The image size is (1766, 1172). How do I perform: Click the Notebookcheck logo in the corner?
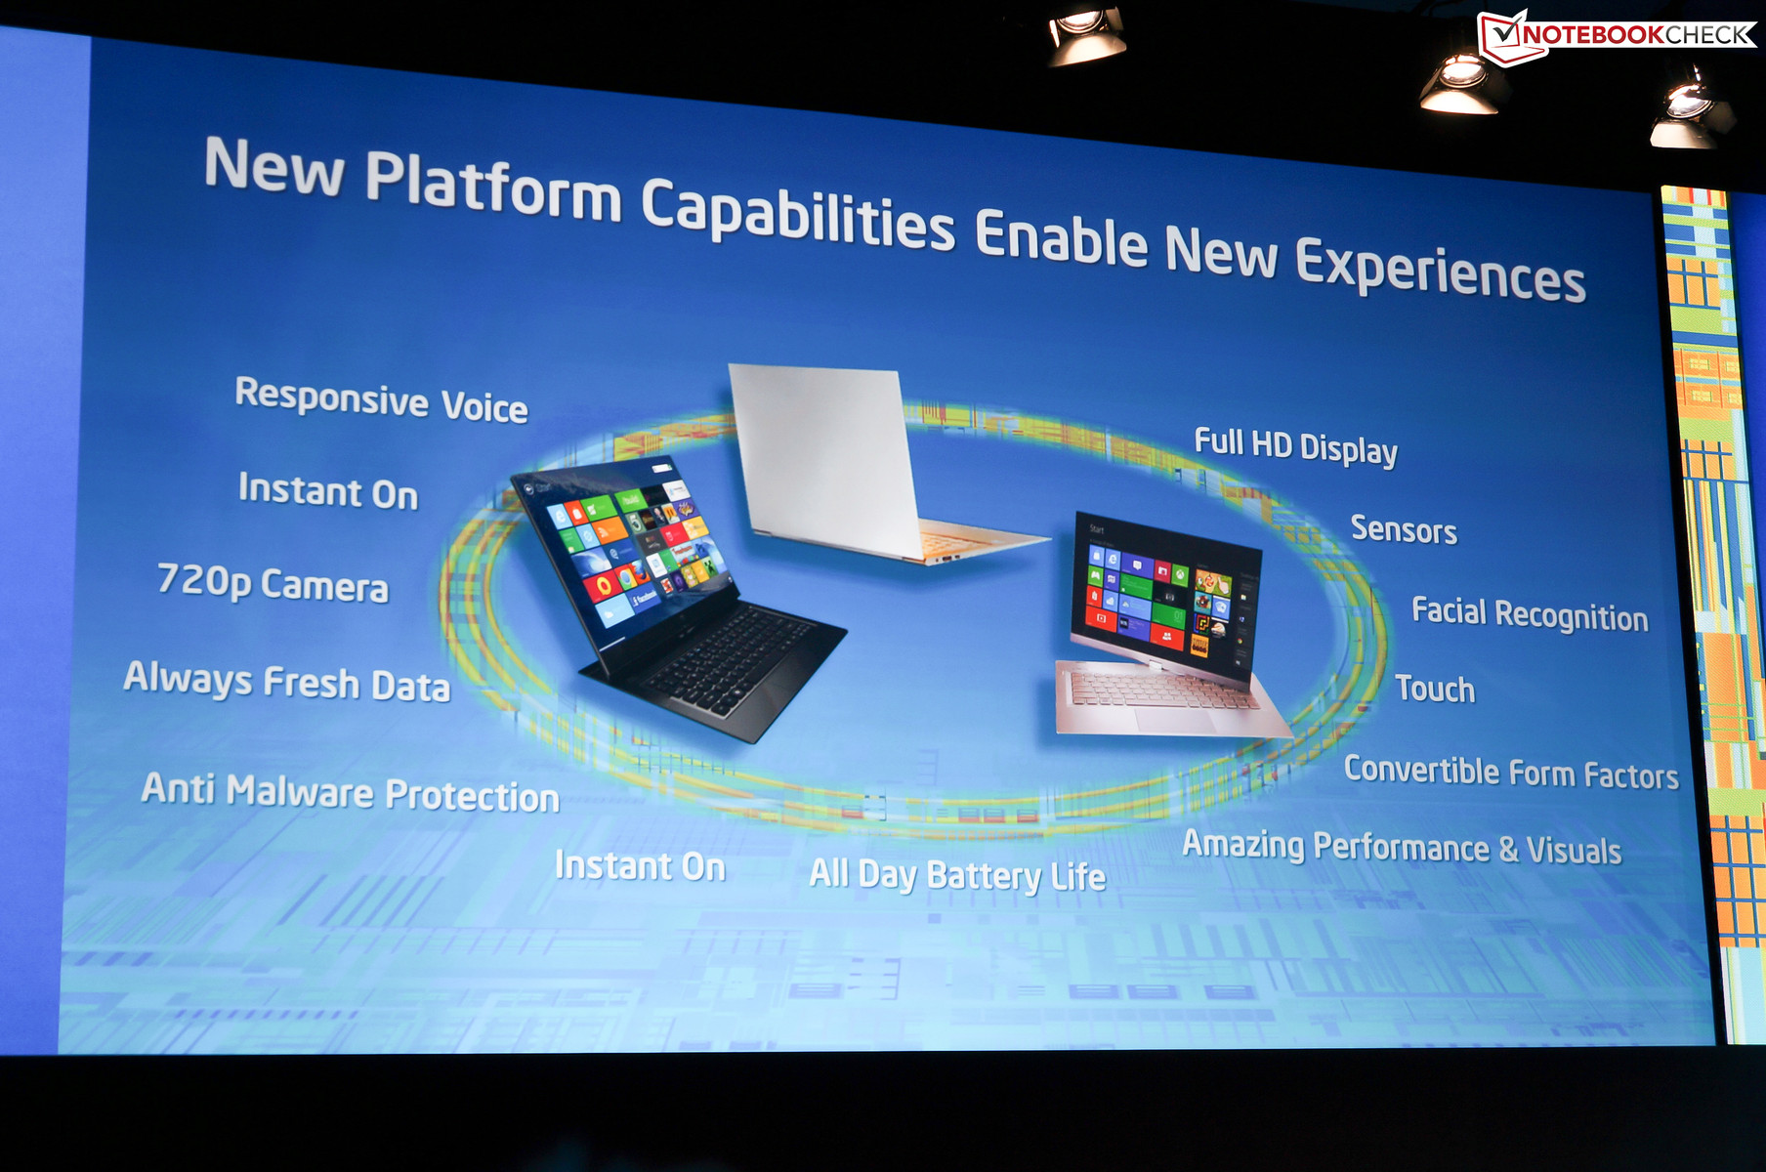point(1618,36)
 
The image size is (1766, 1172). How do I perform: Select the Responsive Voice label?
point(381,400)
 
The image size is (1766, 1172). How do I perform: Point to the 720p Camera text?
point(273,583)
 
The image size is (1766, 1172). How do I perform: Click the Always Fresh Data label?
point(287,682)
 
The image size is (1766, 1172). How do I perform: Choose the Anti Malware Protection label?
point(351,792)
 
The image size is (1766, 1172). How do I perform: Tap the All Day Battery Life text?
point(957,875)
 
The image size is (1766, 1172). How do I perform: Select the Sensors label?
point(1404,529)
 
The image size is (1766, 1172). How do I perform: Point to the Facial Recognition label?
point(1530,614)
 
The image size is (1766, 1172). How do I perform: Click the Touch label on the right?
point(1435,689)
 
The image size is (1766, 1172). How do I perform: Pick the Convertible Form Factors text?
point(1511,773)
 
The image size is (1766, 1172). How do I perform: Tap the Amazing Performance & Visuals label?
point(1402,847)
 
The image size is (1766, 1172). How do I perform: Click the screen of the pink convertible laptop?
point(1162,596)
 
